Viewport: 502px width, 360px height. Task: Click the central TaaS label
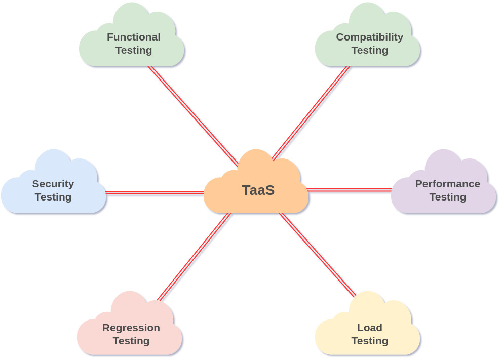click(258, 190)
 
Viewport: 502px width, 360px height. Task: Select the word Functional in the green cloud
click(134, 37)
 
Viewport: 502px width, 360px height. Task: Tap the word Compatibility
click(370, 37)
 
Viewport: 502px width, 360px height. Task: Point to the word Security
click(53, 184)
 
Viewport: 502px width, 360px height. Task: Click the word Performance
click(448, 184)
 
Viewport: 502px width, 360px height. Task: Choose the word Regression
click(131, 328)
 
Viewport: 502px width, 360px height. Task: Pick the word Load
click(370, 328)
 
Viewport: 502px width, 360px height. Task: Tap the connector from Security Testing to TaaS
click(155, 192)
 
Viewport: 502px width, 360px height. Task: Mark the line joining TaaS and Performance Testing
click(350, 190)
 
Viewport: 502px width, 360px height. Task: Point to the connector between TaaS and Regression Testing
click(194, 256)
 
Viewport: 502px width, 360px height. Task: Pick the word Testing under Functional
click(134, 50)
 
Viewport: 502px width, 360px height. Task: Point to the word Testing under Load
click(370, 341)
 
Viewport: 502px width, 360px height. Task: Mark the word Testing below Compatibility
click(370, 50)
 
